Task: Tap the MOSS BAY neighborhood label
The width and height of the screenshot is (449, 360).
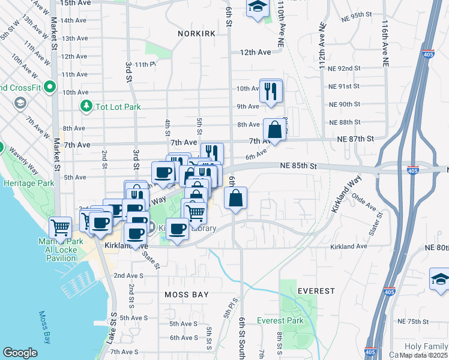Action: tap(187, 295)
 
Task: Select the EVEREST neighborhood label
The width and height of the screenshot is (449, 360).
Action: tap(316, 291)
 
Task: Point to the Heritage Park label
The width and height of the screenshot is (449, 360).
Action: tap(24, 182)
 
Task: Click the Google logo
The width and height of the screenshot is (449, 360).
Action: tap(20, 352)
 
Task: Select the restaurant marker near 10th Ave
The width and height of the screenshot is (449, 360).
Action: tap(271, 91)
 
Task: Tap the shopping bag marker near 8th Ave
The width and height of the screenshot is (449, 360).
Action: tap(274, 130)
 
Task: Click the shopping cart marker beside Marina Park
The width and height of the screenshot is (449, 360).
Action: tap(61, 228)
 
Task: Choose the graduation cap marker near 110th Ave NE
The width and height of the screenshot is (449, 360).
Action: tap(258, 7)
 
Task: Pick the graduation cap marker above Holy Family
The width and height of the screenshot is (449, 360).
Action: tap(440, 279)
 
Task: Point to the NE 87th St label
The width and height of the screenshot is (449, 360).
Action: tap(355, 139)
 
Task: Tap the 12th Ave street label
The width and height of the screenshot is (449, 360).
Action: tap(255, 52)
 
